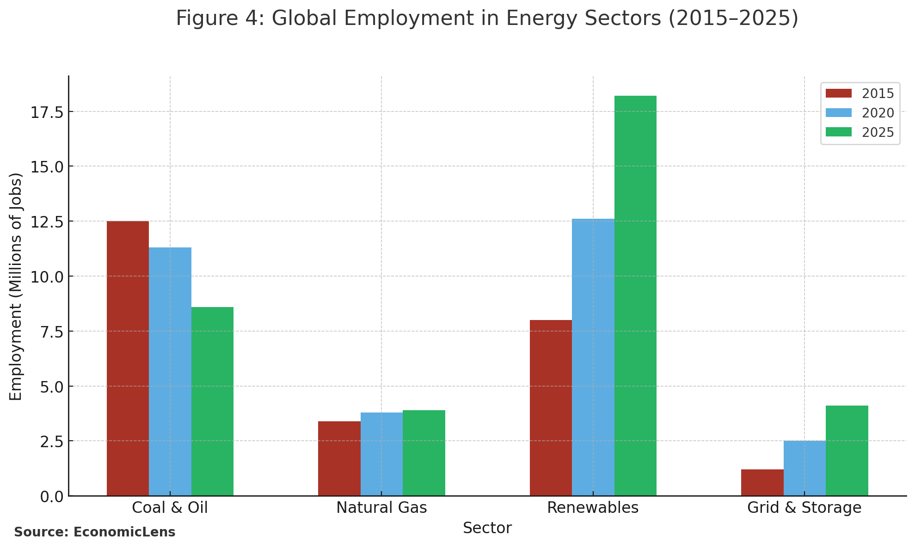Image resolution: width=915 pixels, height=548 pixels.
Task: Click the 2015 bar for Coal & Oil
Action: point(128,358)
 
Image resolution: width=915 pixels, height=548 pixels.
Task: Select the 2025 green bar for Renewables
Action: point(635,296)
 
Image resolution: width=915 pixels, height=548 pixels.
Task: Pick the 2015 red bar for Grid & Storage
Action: point(762,482)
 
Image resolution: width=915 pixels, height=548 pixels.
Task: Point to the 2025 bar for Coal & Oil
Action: point(212,401)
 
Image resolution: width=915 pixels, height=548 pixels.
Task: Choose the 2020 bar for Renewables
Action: point(593,357)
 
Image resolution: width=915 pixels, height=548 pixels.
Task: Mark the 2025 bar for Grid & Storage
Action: point(847,451)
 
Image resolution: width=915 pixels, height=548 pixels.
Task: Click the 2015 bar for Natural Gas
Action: point(339,458)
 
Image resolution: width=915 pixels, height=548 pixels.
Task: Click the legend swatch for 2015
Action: point(838,93)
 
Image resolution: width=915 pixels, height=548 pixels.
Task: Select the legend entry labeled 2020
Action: point(878,113)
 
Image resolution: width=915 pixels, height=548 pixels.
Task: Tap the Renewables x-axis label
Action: point(593,508)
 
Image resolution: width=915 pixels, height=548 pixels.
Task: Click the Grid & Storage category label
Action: point(804,508)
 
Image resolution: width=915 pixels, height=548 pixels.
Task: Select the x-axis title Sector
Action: point(487,528)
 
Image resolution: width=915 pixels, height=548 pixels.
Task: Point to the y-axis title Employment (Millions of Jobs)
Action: point(16,287)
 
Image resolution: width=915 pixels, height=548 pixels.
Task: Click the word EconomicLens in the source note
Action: point(124,532)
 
